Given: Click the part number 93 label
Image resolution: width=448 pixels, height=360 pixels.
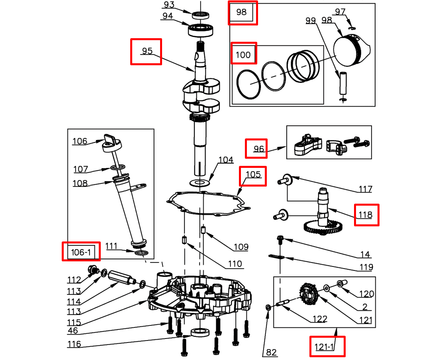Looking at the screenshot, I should (169, 5).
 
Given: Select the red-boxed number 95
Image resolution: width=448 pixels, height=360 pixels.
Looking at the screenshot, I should (147, 51).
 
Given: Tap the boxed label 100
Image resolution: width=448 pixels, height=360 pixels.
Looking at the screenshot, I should (243, 54).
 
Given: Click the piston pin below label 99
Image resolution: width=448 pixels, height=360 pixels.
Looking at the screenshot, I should (342, 82).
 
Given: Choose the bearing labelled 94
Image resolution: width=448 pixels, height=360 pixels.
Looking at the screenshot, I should (202, 29).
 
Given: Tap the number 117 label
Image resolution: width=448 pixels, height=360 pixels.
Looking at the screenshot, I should (365, 189).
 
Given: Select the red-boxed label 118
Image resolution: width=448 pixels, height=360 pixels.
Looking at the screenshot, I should (366, 215).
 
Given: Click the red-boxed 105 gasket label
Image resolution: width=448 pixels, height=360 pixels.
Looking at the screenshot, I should (253, 175).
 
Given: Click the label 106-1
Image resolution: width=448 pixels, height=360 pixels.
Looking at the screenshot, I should (81, 252).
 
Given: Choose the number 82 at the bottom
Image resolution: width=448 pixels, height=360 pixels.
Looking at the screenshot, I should (271, 352).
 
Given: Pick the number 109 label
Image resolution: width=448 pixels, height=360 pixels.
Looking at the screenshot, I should (241, 247).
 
